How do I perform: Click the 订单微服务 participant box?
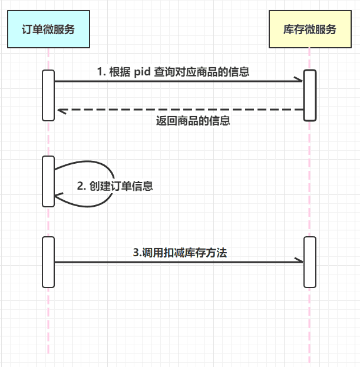(x=48, y=29)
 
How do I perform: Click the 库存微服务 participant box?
(x=310, y=29)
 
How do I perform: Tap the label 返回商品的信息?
(x=193, y=121)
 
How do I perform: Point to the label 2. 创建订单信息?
(x=115, y=186)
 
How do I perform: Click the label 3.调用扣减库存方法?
(x=180, y=252)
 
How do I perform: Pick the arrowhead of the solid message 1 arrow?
(x=299, y=81)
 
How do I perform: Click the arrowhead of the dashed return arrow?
(x=60, y=110)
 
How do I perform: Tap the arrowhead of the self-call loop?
(x=58, y=195)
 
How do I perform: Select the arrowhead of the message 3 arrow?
(x=299, y=262)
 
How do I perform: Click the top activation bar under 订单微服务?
(x=48, y=95)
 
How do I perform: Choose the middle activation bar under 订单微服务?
(x=48, y=181)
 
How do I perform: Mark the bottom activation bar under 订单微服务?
(x=48, y=262)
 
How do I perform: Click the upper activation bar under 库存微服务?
(x=310, y=95)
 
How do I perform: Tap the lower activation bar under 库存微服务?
(x=310, y=262)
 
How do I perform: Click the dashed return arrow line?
(x=177, y=110)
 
